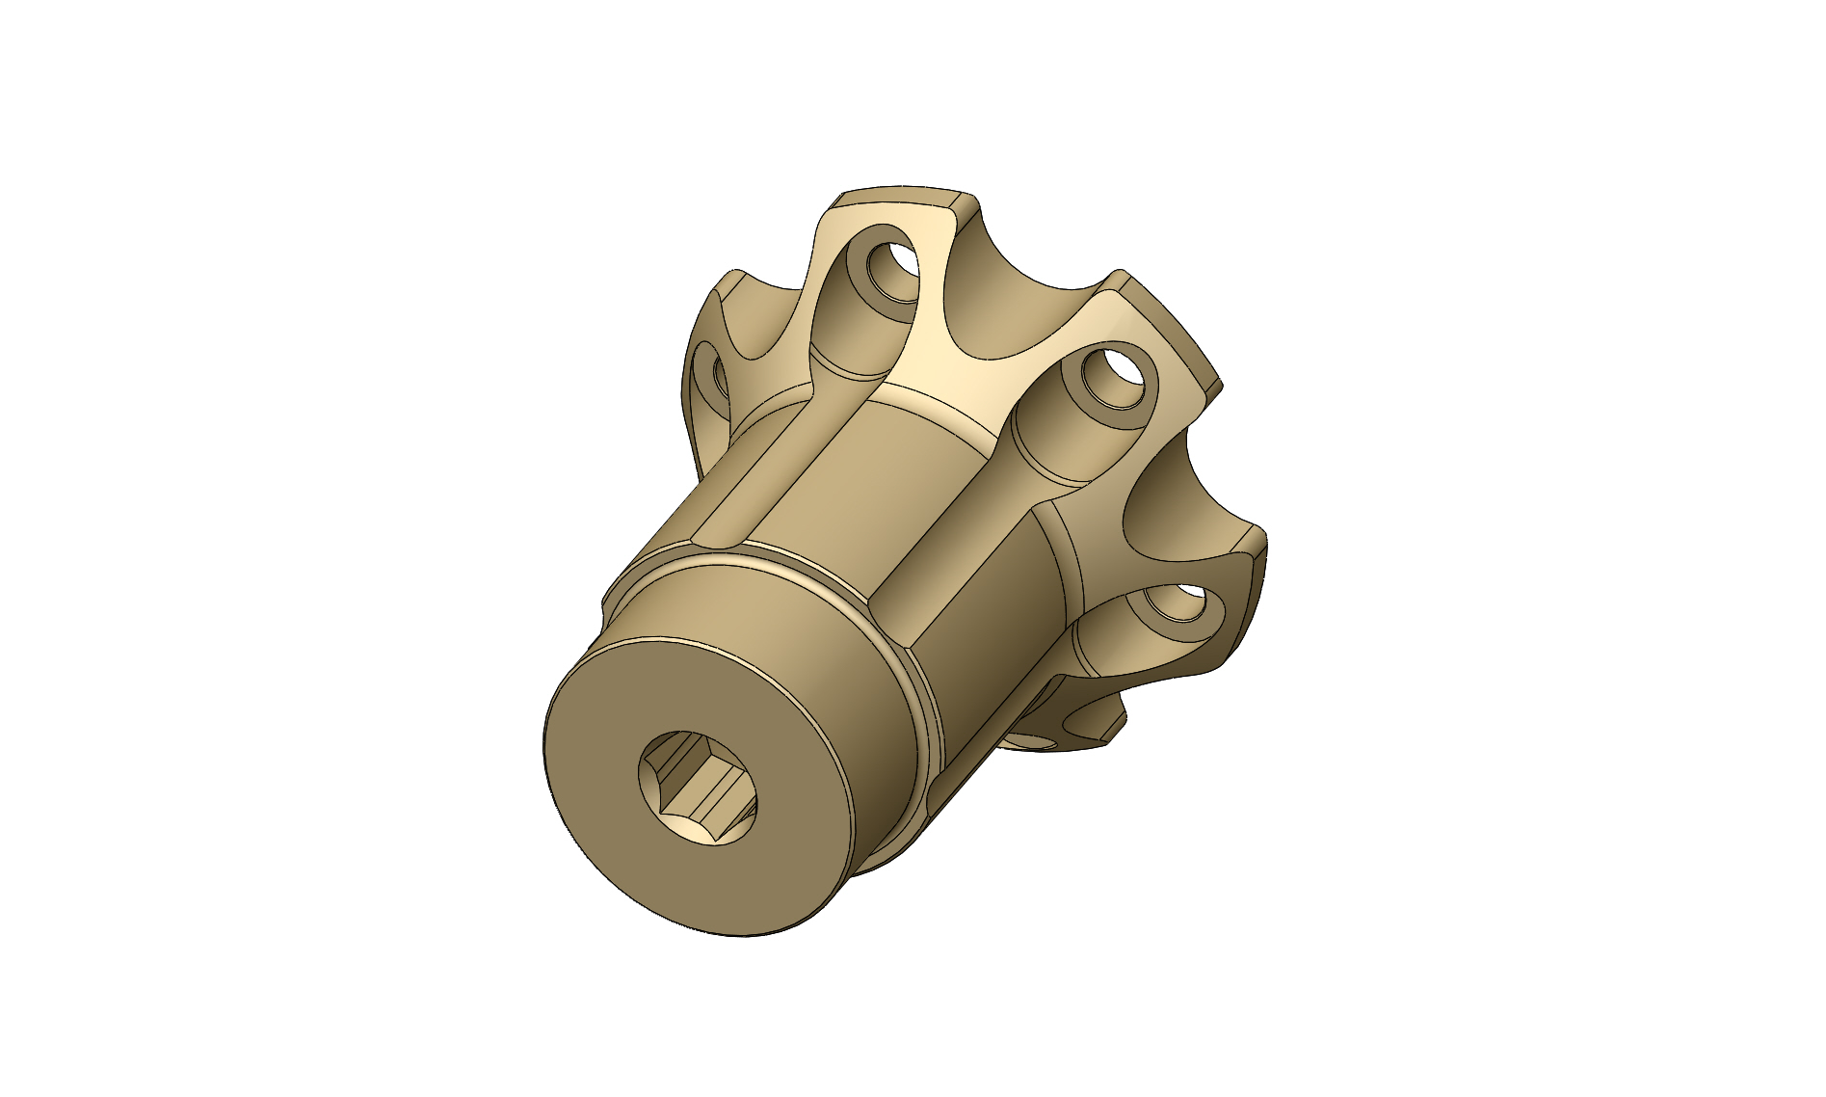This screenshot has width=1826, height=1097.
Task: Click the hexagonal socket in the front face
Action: pyautogui.click(x=699, y=789)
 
